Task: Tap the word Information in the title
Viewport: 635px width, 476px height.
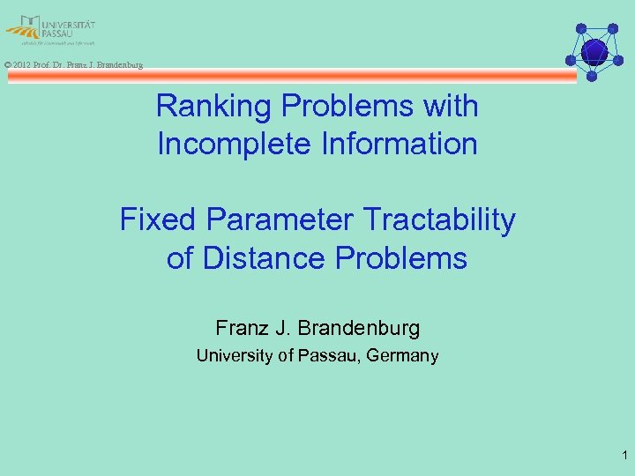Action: (x=396, y=144)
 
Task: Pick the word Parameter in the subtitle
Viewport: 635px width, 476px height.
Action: (x=264, y=219)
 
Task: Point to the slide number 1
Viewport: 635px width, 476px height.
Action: (x=624, y=456)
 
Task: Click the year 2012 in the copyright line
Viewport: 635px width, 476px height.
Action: (x=23, y=65)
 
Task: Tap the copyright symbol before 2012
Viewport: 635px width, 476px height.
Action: (x=7, y=65)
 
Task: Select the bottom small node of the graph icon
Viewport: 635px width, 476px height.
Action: (x=592, y=77)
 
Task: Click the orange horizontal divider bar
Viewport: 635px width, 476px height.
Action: (x=291, y=77)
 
